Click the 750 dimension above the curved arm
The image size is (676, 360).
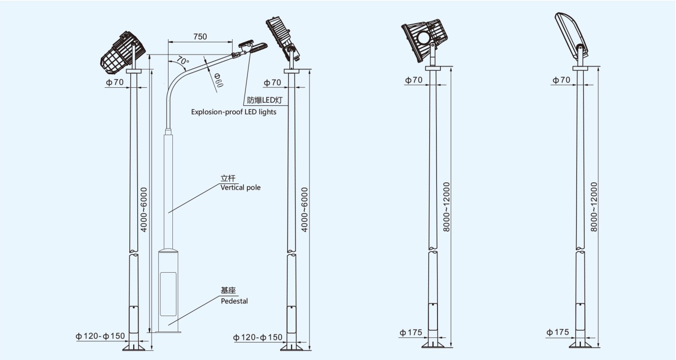(200, 37)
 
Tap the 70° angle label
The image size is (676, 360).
(182, 60)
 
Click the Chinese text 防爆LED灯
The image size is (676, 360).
(265, 100)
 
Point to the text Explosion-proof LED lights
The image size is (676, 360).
(234, 112)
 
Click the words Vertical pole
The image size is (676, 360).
(240, 187)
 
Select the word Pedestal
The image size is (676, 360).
(234, 301)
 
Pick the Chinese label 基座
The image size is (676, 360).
(228, 291)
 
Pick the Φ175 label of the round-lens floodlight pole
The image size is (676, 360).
(411, 332)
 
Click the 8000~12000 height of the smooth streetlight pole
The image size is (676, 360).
(594, 207)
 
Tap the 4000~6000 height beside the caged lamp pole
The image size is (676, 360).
(144, 209)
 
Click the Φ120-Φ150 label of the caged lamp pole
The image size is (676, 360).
(100, 336)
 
